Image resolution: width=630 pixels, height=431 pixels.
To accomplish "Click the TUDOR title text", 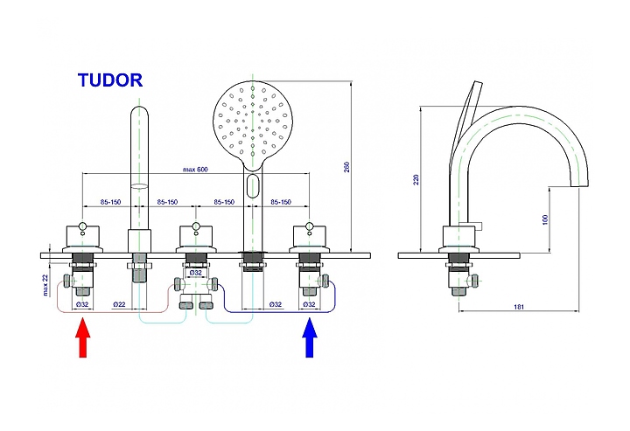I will (109, 80).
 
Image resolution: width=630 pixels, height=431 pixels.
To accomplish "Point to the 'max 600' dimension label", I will (197, 169).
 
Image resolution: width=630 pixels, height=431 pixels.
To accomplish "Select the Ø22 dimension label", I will (121, 304).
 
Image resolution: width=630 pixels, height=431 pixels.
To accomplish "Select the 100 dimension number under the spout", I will (545, 220).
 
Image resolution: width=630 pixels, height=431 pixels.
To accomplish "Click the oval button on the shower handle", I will (254, 184).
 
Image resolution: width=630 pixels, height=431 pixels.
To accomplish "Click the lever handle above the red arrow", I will (82, 233).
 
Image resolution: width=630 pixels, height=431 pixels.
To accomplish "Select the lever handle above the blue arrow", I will (309, 233).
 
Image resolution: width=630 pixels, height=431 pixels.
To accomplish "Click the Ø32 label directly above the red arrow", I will (81, 304).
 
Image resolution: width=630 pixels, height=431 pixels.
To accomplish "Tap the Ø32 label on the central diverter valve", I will (195, 272).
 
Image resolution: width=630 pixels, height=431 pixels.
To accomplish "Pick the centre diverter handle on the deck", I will (195, 233).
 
